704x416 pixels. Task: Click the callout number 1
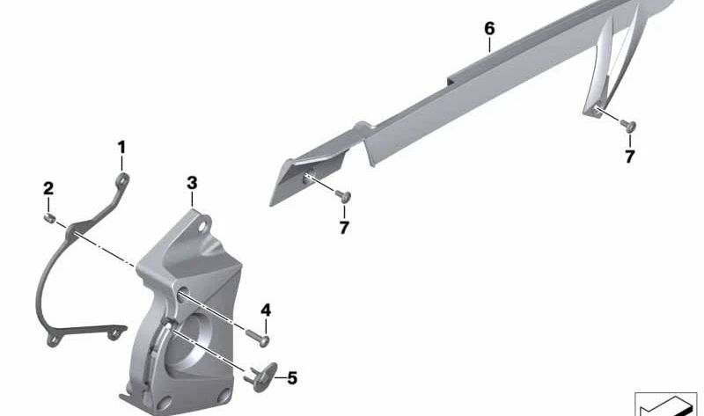(121, 147)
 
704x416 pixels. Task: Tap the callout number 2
(48, 188)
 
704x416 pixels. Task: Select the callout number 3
(192, 183)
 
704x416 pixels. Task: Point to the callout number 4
(266, 310)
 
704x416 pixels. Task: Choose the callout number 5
(292, 378)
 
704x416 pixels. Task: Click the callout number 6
(489, 29)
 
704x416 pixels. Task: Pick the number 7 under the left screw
(344, 228)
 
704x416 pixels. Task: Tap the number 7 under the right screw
(630, 157)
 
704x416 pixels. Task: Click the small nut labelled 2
(49, 219)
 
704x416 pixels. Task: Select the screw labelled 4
(258, 337)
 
